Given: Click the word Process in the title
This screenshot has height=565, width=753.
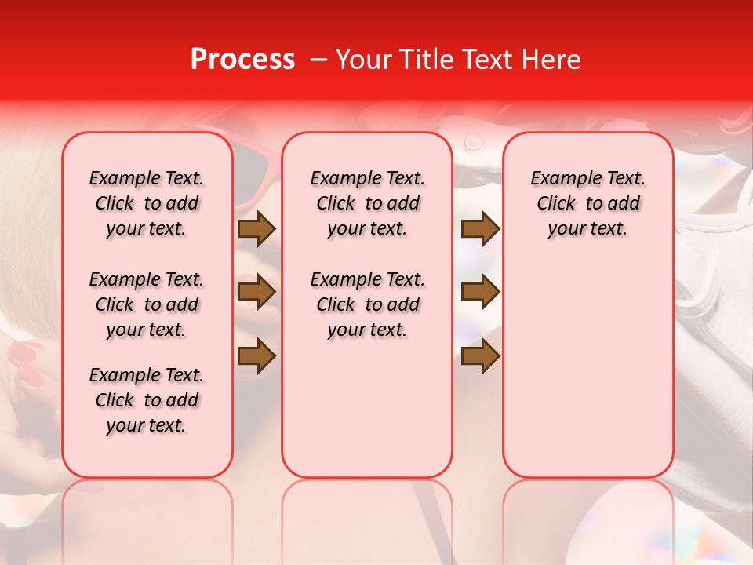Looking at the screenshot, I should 242,60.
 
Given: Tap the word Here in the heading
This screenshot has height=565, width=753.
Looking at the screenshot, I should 551,60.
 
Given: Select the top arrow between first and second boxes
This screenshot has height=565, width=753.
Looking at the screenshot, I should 256,228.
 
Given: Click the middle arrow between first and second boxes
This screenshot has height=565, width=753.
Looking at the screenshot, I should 256,292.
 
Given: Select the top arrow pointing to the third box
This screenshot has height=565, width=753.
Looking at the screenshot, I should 480,228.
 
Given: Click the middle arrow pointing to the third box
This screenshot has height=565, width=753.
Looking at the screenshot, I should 480,292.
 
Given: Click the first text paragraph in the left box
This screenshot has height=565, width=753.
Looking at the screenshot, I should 147,203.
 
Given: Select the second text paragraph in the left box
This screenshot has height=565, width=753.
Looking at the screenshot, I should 147,304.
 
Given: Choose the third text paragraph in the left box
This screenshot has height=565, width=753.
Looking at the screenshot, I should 147,400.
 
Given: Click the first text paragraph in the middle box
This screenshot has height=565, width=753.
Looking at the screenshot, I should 367,203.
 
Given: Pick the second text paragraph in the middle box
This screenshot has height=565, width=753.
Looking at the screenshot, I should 367,304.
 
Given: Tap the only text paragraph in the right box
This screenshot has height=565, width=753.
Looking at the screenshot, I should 587,203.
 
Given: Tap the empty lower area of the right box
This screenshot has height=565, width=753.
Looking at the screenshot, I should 587,377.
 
